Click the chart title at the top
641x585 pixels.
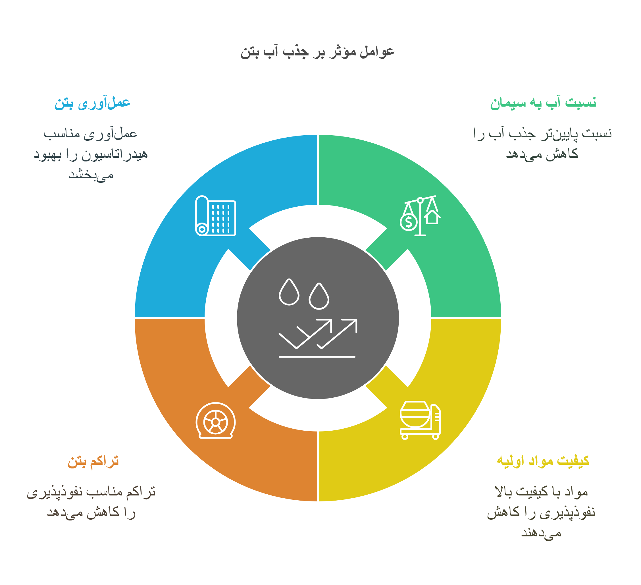click(x=317, y=51)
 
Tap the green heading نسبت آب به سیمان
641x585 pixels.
click(x=543, y=103)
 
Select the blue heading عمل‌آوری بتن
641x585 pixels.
click(x=92, y=103)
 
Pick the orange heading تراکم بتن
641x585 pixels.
click(x=93, y=461)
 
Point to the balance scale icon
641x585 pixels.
click(x=420, y=216)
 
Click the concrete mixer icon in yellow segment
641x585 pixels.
click(x=420, y=420)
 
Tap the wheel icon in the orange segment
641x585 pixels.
click(x=216, y=420)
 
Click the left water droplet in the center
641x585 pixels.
click(x=289, y=293)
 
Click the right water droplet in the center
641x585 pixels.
click(x=319, y=296)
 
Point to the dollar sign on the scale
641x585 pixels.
click(x=409, y=222)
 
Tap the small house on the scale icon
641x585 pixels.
click(x=432, y=217)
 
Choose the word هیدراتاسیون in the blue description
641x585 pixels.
click(x=115, y=155)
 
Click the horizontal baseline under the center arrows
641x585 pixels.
click(x=317, y=357)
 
